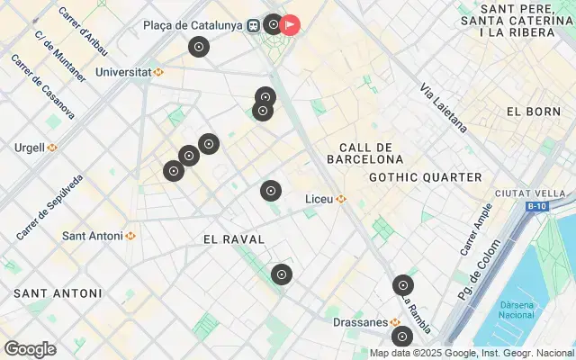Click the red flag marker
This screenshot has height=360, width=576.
[x=290, y=24]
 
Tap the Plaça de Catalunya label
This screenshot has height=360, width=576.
[x=193, y=25]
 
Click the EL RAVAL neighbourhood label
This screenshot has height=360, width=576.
[x=234, y=239]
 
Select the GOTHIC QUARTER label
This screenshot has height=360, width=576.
[x=425, y=177]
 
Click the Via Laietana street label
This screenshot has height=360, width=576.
[x=444, y=105]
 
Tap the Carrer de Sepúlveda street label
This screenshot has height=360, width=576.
[x=50, y=206]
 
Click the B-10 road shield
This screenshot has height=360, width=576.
[x=537, y=206]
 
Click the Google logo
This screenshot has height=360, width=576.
[x=30, y=349]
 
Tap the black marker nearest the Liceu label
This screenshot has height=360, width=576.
[x=271, y=191]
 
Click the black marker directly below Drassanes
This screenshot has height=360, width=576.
[x=401, y=337]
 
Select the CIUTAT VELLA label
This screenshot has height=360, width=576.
[x=535, y=193]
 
